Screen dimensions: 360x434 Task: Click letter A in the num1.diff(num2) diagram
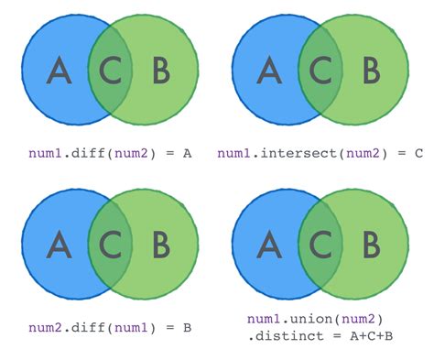58,71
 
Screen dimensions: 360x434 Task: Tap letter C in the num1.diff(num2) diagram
110,71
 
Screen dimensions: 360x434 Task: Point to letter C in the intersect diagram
320,71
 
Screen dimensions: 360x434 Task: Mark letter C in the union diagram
320,245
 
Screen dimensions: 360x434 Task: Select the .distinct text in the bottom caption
278,335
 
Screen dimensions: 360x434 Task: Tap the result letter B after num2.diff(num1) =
187,326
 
